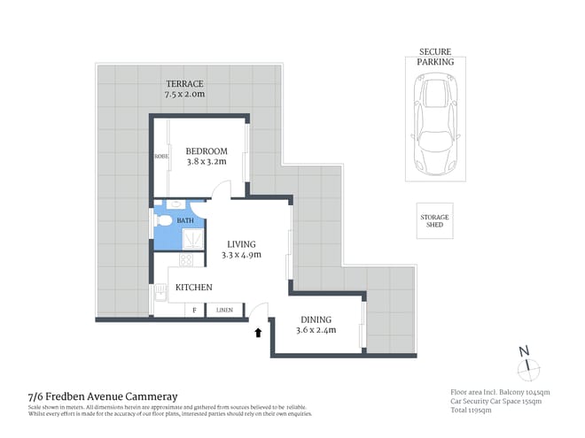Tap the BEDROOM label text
(x=207, y=151)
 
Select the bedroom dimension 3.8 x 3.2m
(x=207, y=162)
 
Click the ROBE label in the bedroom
(x=161, y=157)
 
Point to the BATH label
(x=184, y=220)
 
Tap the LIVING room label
(x=241, y=244)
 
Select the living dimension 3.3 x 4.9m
(x=241, y=256)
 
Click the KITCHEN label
(x=193, y=288)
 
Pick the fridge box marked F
(x=194, y=311)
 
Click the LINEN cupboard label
(x=223, y=311)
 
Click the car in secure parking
(x=435, y=124)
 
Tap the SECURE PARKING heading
(x=435, y=58)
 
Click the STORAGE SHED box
(x=434, y=220)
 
